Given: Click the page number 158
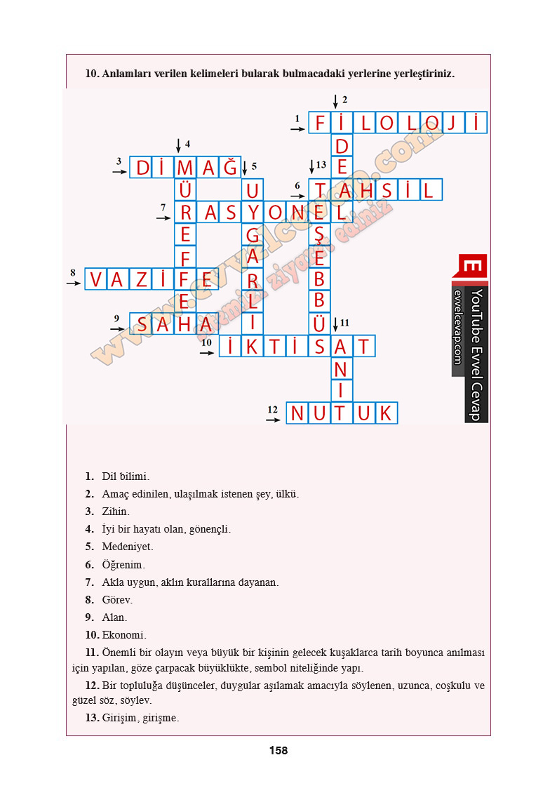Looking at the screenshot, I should [278, 751].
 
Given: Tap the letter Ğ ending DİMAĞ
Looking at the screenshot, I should [230, 168].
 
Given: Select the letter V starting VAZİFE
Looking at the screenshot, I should [95, 280].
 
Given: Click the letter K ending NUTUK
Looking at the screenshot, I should [385, 413].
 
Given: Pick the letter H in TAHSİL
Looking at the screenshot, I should [364, 189].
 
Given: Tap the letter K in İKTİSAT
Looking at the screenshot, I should [252, 346].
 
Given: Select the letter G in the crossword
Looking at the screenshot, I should [252, 234].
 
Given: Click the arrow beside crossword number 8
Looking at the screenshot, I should [74, 283].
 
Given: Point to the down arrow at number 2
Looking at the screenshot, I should [335, 101].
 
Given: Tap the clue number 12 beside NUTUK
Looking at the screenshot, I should [273, 408].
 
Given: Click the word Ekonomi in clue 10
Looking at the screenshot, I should [124, 635].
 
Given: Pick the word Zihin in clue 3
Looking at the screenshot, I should [116, 512].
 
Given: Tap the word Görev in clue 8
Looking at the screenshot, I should [117, 600].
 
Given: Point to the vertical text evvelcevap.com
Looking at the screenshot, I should [457, 327].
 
